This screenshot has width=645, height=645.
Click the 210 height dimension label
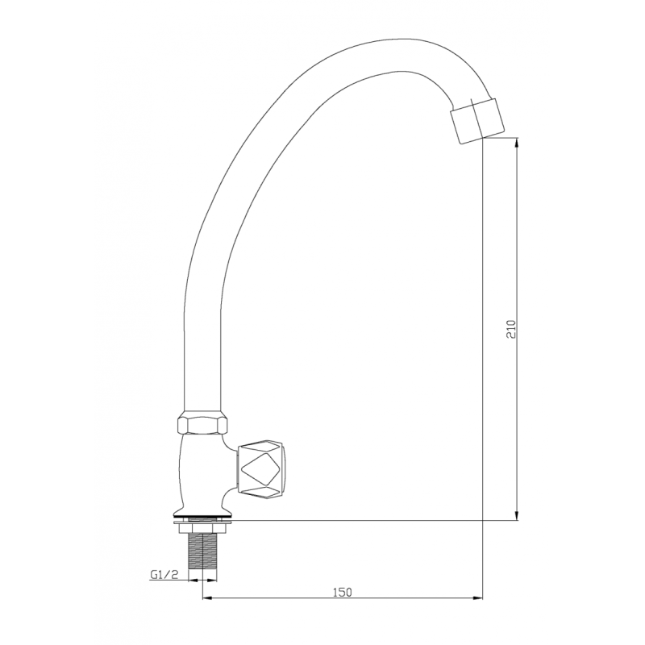(x=510, y=329)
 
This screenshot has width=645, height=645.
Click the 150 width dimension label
(x=342, y=593)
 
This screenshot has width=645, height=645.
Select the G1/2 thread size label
(x=164, y=576)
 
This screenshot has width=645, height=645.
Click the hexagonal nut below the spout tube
(x=202, y=424)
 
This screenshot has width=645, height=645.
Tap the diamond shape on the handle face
(x=262, y=470)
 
